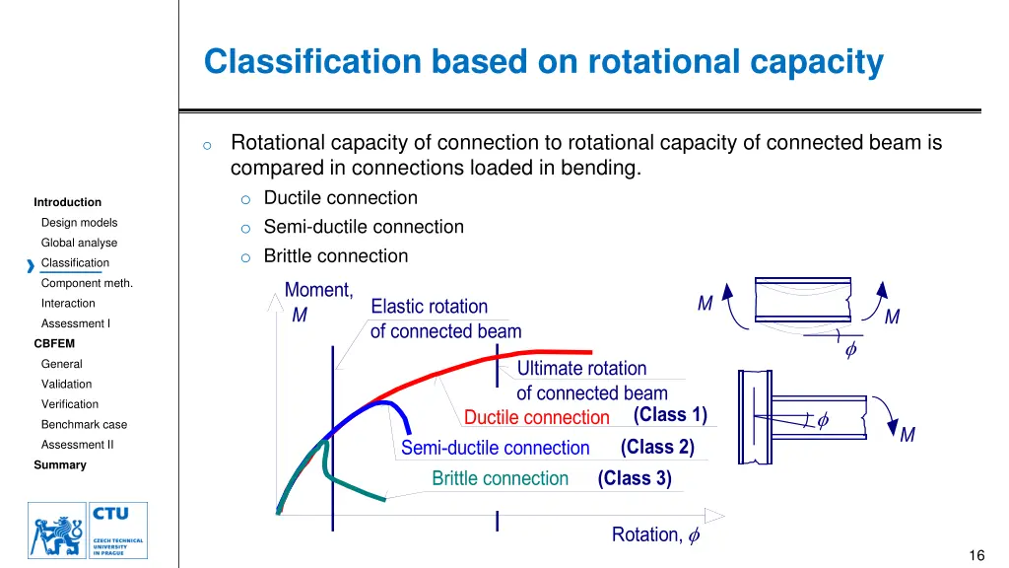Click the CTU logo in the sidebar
tap(88, 530)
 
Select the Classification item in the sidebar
tap(75, 263)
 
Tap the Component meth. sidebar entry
tap(87, 283)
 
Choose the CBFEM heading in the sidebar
tap(54, 344)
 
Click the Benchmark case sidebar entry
tap(84, 425)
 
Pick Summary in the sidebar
tap(60, 465)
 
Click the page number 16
tap(976, 555)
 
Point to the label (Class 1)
tap(670, 414)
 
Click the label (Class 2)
tap(657, 447)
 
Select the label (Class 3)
tap(635, 478)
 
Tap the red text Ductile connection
tap(537, 417)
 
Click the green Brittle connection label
tap(500, 478)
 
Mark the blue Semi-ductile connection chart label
tap(495, 448)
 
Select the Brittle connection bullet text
tap(335, 256)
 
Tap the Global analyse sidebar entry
tap(79, 243)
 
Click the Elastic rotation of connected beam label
tap(445, 319)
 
